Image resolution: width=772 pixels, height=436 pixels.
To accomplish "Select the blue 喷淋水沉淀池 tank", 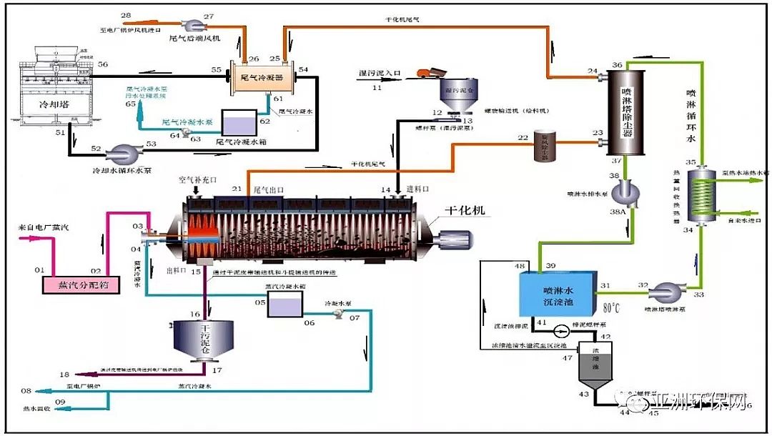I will pyautogui.click(x=558, y=294).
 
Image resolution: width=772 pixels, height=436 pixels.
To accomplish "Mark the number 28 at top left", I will pyautogui.click(x=126, y=15).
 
